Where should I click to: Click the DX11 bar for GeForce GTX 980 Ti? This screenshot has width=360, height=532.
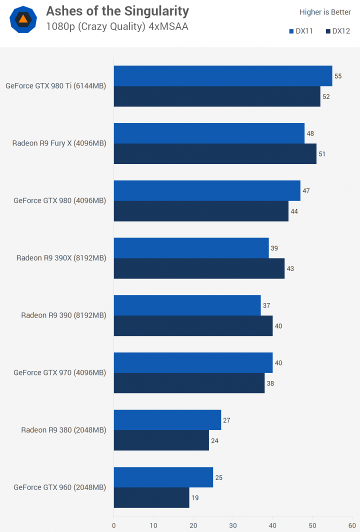[222, 76]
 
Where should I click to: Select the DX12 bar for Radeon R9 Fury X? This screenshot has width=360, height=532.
[215, 154]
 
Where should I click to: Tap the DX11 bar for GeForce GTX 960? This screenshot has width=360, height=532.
[163, 477]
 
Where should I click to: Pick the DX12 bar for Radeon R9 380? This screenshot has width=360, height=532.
[161, 440]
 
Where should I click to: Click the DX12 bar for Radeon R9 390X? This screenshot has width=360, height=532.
[199, 268]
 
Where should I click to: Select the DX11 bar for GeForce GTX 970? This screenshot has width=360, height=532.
[193, 362]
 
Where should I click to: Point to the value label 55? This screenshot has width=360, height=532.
[338, 76]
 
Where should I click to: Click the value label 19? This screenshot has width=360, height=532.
[195, 498]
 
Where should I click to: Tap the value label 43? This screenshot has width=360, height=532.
[290, 268]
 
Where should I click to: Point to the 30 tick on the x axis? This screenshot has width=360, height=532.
[233, 525]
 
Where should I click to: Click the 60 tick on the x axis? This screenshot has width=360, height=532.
[352, 525]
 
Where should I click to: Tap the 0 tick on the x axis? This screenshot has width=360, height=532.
[114, 525]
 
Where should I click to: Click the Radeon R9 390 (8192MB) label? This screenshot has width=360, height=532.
[63, 315]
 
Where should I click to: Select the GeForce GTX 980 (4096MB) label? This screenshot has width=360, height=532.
[60, 200]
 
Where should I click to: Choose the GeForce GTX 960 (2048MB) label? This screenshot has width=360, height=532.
[60, 487]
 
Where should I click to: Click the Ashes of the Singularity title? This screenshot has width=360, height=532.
[117, 11]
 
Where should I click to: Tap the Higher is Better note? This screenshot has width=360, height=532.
[325, 12]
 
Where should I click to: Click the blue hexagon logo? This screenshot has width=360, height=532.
[23, 20]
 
